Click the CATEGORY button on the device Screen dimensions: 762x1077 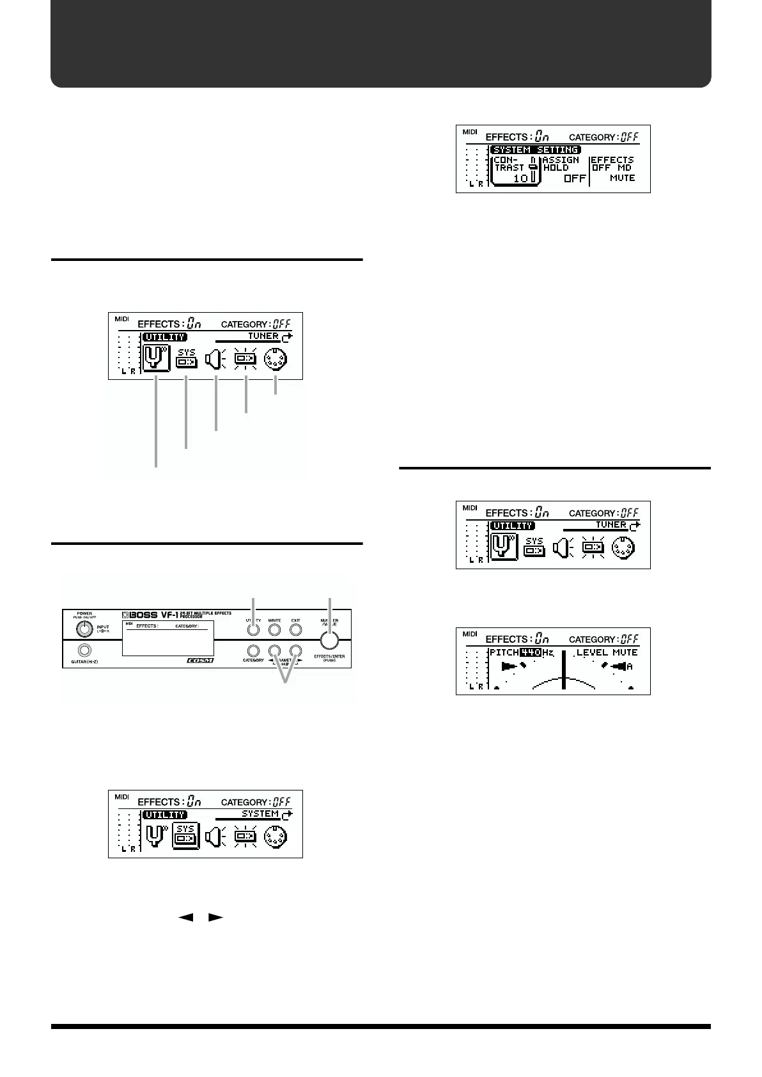point(253,650)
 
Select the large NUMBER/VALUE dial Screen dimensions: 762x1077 point(329,640)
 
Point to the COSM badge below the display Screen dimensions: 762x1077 point(199,660)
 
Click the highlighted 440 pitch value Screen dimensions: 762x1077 point(530,652)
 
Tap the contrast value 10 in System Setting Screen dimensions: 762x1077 point(521,178)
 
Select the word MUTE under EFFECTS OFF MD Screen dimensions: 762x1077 point(622,178)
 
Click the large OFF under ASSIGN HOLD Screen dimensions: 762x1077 point(574,178)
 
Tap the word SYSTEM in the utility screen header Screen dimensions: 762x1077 point(260,814)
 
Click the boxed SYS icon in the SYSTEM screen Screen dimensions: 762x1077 point(186,835)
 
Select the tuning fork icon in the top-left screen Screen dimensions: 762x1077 point(156,358)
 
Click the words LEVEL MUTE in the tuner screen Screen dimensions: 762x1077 point(607,652)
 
